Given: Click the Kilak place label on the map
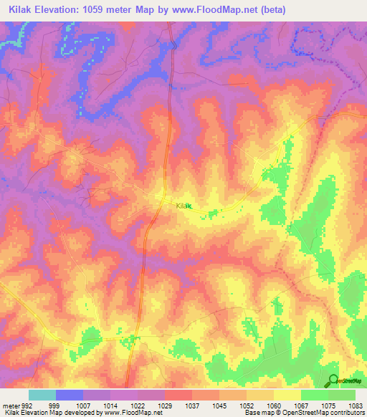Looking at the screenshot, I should (x=184, y=206).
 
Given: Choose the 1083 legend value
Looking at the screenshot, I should (x=356, y=405).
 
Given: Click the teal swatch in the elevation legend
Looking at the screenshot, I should (x=42, y=395).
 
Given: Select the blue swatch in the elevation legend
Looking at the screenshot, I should (x=69, y=395).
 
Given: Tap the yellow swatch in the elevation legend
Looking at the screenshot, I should (x=287, y=395).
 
